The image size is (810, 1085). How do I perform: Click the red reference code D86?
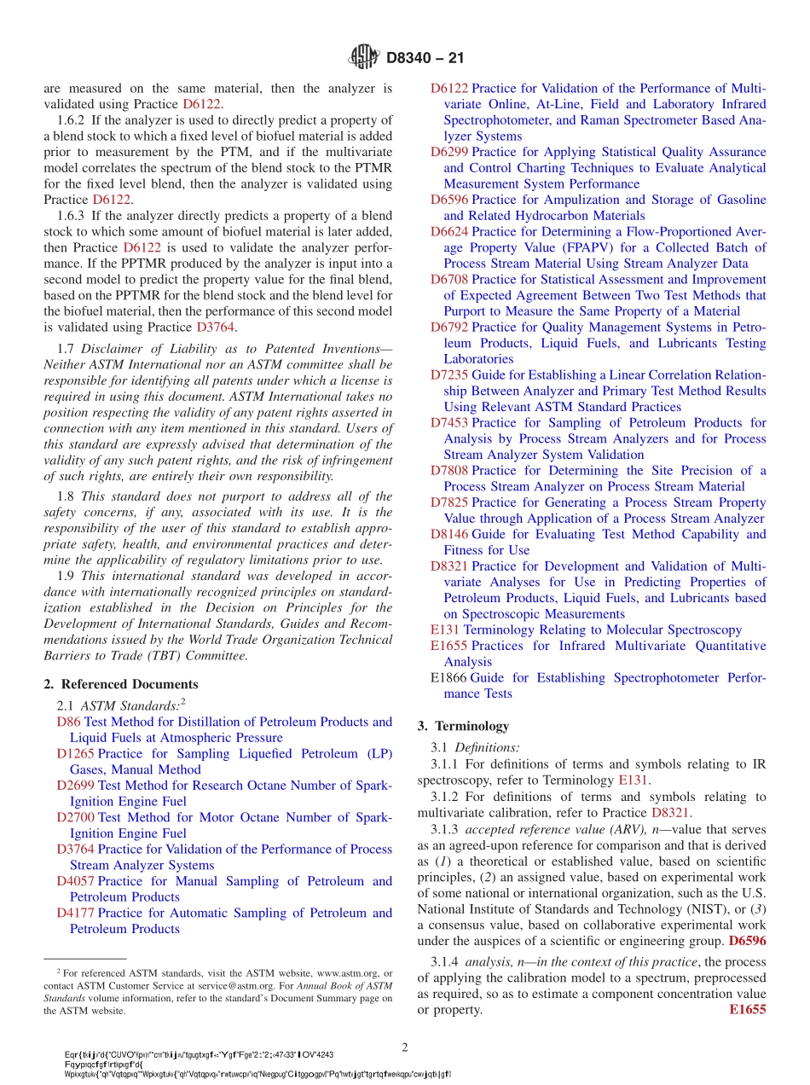pyautogui.click(x=67, y=722)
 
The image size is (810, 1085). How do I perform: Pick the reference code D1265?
pyautogui.click(x=76, y=754)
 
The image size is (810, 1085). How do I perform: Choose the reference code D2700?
pyautogui.click(x=76, y=817)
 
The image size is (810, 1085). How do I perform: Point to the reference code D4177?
pyautogui.click(x=76, y=913)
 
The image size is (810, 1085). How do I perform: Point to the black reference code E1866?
pyautogui.click(x=448, y=678)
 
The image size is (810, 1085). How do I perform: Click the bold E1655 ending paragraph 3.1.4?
pyautogui.click(x=748, y=1010)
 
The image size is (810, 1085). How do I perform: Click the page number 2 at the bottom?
pyautogui.click(x=405, y=1047)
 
